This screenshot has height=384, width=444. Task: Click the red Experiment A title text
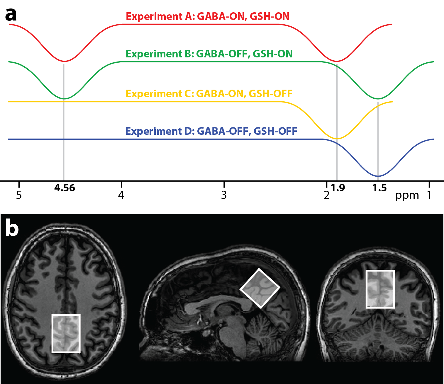pos(208,16)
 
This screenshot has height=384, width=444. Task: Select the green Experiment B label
pos(209,54)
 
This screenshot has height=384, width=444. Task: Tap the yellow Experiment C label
pos(209,94)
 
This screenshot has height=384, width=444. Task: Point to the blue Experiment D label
pos(211,131)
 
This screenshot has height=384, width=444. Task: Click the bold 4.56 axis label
pos(65,188)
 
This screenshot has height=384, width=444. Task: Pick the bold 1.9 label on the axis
pos(338,188)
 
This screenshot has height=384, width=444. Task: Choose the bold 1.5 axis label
pos(379,188)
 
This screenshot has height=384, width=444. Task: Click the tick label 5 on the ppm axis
pos(19,195)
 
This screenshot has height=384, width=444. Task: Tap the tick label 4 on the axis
pos(121,195)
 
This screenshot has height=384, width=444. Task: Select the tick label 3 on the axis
pos(224,195)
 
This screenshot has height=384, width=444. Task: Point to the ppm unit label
pos(407,195)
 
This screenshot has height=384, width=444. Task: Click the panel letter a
pos(11,15)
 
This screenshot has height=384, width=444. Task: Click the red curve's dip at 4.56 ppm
pos(64,61)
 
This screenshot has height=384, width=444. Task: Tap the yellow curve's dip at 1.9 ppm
pos(337,139)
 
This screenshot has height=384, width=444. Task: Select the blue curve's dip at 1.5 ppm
pos(378,176)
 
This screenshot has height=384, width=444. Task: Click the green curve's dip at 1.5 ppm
pos(378,99)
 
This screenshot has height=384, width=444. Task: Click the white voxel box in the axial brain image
pos(66,333)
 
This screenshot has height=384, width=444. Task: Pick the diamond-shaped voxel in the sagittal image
pos(260,288)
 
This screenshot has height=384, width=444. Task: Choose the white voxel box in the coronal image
pos(380,289)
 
